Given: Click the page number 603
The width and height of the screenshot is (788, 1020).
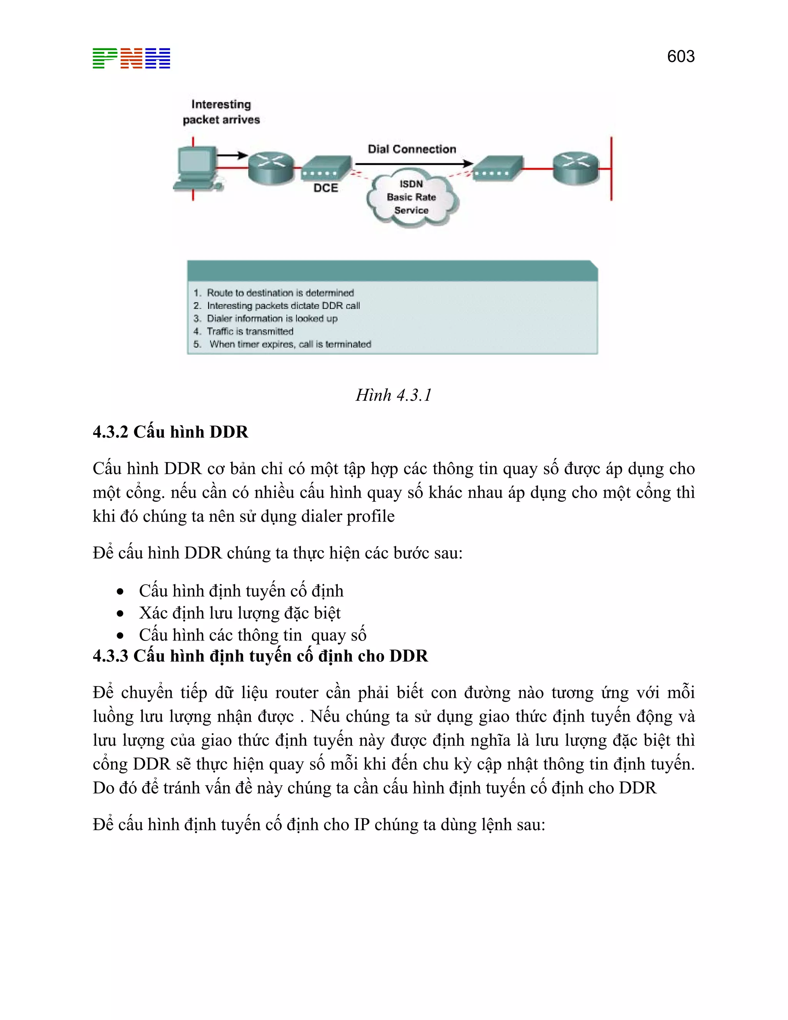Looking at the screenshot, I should [680, 57].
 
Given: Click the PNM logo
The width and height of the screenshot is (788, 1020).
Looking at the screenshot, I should [131, 59].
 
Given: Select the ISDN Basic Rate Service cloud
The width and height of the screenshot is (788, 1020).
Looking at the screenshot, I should [411, 198].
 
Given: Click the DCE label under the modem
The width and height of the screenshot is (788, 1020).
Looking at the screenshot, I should [326, 188].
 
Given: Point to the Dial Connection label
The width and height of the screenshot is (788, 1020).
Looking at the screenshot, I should [411, 149].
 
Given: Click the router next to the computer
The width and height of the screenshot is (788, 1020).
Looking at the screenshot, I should [271, 167].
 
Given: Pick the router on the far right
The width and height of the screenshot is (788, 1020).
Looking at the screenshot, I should [576, 167].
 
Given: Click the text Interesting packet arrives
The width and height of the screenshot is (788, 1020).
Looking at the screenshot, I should [221, 112].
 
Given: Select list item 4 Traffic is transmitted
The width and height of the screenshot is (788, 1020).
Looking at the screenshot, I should [250, 331].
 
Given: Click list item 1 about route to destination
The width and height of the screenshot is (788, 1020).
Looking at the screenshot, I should [280, 293].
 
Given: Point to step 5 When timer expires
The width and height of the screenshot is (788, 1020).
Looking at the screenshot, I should [289, 344].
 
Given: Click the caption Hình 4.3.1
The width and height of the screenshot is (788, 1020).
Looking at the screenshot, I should [394, 395].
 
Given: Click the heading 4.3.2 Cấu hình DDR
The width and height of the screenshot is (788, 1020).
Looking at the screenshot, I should [170, 432].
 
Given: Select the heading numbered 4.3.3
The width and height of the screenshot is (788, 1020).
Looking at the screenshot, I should [260, 656].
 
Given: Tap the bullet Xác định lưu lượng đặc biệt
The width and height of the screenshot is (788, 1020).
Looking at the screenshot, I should [239, 613].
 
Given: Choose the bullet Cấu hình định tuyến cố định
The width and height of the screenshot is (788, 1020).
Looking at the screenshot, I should [241, 591].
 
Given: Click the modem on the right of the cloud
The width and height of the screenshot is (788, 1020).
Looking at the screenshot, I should [497, 168].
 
